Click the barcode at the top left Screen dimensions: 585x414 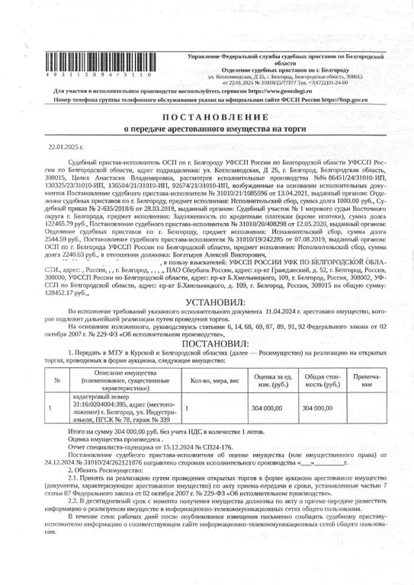pyautogui.click(x=96, y=64)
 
